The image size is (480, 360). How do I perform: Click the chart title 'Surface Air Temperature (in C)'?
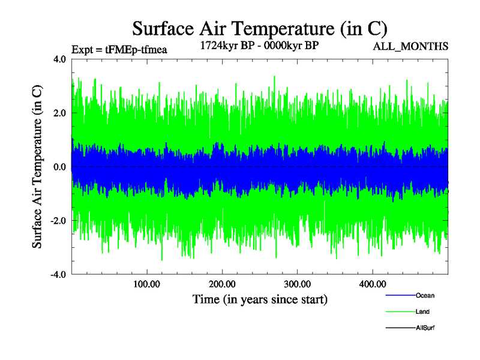260,28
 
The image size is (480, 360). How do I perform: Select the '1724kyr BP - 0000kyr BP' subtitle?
259,45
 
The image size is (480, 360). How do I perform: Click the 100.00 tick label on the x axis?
146,284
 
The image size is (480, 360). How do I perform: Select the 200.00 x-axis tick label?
222,284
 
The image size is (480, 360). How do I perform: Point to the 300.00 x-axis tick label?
297,284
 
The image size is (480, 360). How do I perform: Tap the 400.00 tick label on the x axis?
372,284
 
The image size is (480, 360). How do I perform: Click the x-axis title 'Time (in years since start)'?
260,298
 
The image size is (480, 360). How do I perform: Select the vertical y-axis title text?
37,167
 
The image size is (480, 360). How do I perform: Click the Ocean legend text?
425,295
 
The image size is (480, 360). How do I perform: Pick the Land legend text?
422,311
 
